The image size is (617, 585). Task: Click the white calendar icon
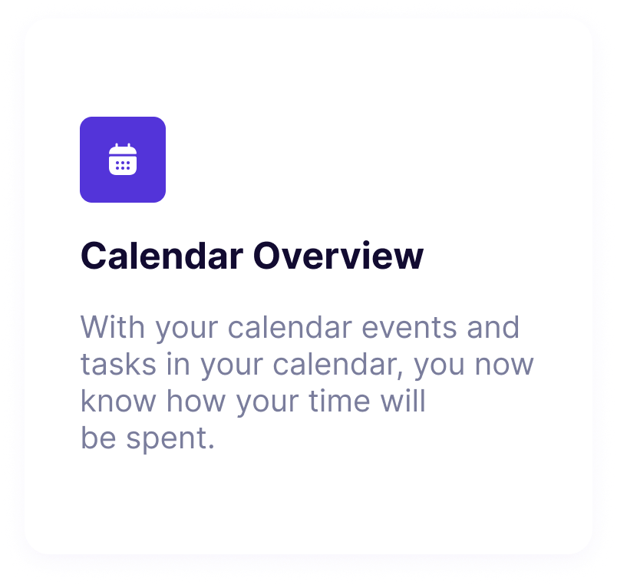(123, 159)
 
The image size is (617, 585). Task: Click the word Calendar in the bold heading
(162, 256)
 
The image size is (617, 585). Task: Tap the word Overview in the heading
(338, 256)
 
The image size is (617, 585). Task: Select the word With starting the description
(113, 327)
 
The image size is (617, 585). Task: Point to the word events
(409, 328)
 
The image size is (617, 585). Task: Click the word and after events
(493, 327)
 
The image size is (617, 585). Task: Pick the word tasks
(118, 364)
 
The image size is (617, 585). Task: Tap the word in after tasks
(178, 363)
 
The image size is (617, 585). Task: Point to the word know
(118, 401)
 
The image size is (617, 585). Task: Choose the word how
(196, 401)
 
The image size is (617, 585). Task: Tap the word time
(340, 401)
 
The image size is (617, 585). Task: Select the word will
(403, 401)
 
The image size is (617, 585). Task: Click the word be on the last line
(98, 438)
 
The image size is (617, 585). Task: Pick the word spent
(166, 439)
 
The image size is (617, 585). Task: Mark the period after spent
(211, 447)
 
